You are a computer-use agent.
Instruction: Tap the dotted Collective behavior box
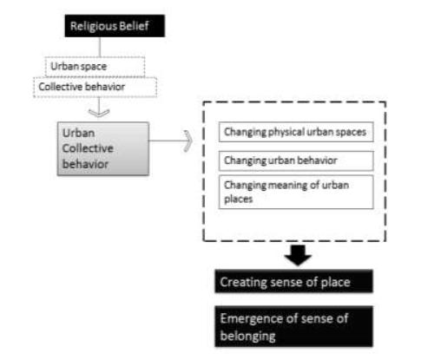pos(83,86)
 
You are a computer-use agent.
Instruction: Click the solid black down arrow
pos(297,254)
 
